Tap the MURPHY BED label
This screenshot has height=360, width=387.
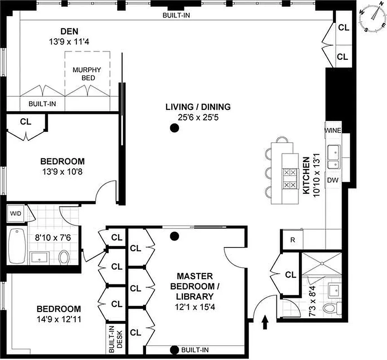[x=87, y=74]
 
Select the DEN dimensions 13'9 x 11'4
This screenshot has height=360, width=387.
[x=70, y=40]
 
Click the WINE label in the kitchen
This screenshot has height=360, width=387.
[x=333, y=131]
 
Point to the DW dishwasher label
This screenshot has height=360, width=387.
[x=333, y=180]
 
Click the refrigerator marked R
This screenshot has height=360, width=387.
[x=293, y=240]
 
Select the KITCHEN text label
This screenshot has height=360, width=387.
[x=306, y=175]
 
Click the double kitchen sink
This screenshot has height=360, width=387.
[x=333, y=157]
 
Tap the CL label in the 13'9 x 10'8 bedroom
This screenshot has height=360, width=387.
[x=25, y=121]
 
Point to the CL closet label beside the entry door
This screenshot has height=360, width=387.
[x=290, y=274]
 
